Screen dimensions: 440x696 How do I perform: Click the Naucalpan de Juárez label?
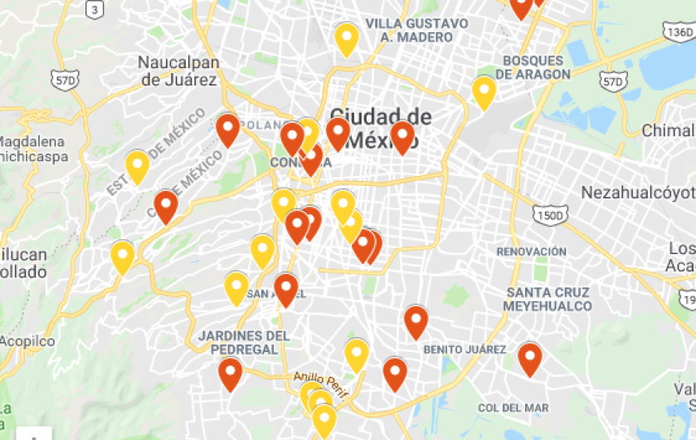pyautogui.click(x=178, y=71)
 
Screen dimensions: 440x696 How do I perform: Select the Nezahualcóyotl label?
pyautogui.click(x=637, y=193)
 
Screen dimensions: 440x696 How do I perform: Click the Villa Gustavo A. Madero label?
pyautogui.click(x=416, y=30)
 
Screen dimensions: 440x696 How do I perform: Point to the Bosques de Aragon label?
pyautogui.click(x=537, y=67)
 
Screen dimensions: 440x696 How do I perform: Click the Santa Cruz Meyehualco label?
pyautogui.click(x=548, y=299)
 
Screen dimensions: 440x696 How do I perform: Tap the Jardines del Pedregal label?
pyautogui.click(x=244, y=342)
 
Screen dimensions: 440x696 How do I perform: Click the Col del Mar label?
pyautogui.click(x=513, y=408)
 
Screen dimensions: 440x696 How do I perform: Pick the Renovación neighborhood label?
pyautogui.click(x=531, y=252)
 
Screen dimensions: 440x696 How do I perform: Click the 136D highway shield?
pyautogui.click(x=677, y=31)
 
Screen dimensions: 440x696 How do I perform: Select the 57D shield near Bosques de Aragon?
pyautogui.click(x=612, y=81)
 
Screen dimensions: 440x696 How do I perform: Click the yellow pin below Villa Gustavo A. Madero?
pyautogui.click(x=346, y=38)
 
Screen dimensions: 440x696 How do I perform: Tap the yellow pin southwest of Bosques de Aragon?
pyautogui.click(x=484, y=90)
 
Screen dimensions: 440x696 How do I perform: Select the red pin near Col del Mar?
pyautogui.click(x=529, y=358)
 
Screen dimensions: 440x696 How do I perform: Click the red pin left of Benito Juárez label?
pyautogui.click(x=416, y=320)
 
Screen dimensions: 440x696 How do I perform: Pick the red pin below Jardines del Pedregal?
pyautogui.click(x=230, y=373)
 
